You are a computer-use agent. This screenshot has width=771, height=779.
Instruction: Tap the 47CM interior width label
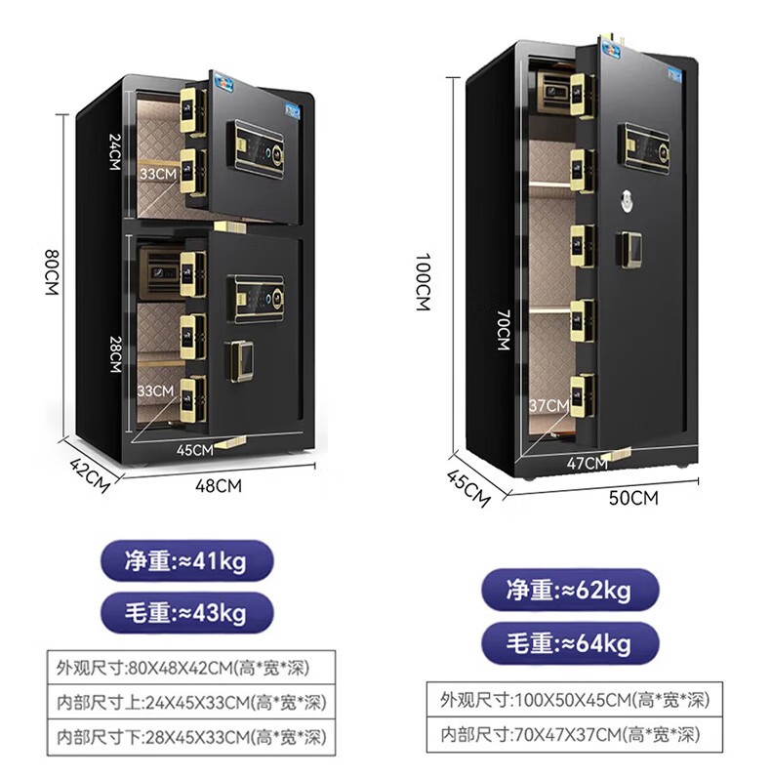[x=587, y=464]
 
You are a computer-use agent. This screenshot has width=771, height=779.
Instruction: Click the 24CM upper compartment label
[x=114, y=150]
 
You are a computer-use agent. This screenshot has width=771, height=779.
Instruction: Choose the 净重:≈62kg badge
[x=570, y=591]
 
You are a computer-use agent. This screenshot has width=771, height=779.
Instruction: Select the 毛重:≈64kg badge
[x=570, y=643]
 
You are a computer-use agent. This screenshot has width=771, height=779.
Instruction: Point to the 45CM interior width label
[x=195, y=450]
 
